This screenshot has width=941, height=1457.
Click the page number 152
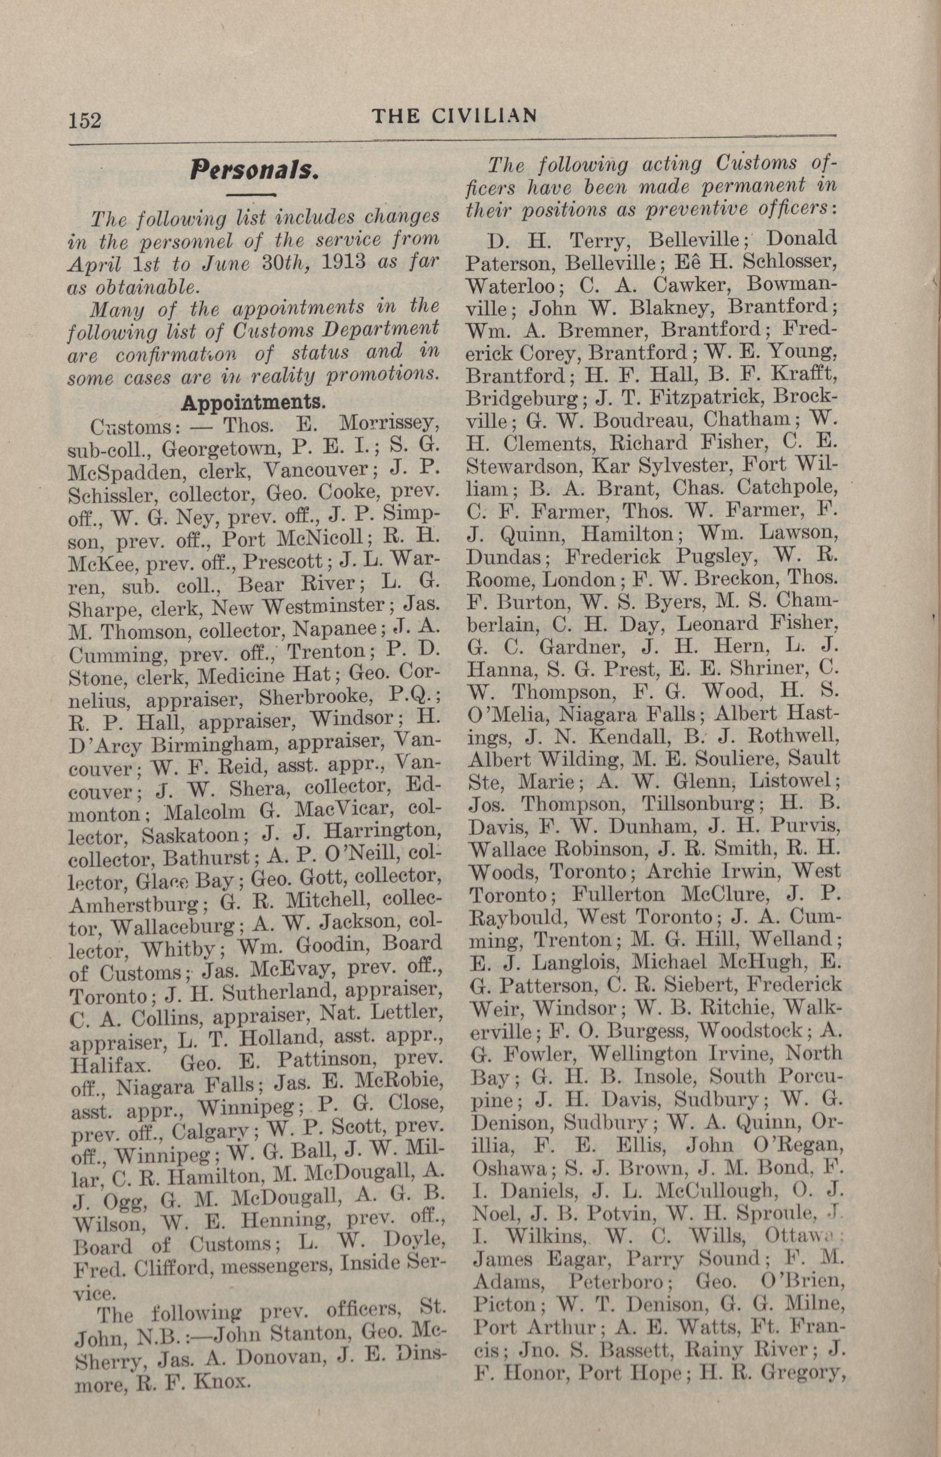point(85,120)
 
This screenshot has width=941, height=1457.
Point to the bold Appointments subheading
point(253,403)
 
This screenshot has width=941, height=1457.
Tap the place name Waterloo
point(511,286)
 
